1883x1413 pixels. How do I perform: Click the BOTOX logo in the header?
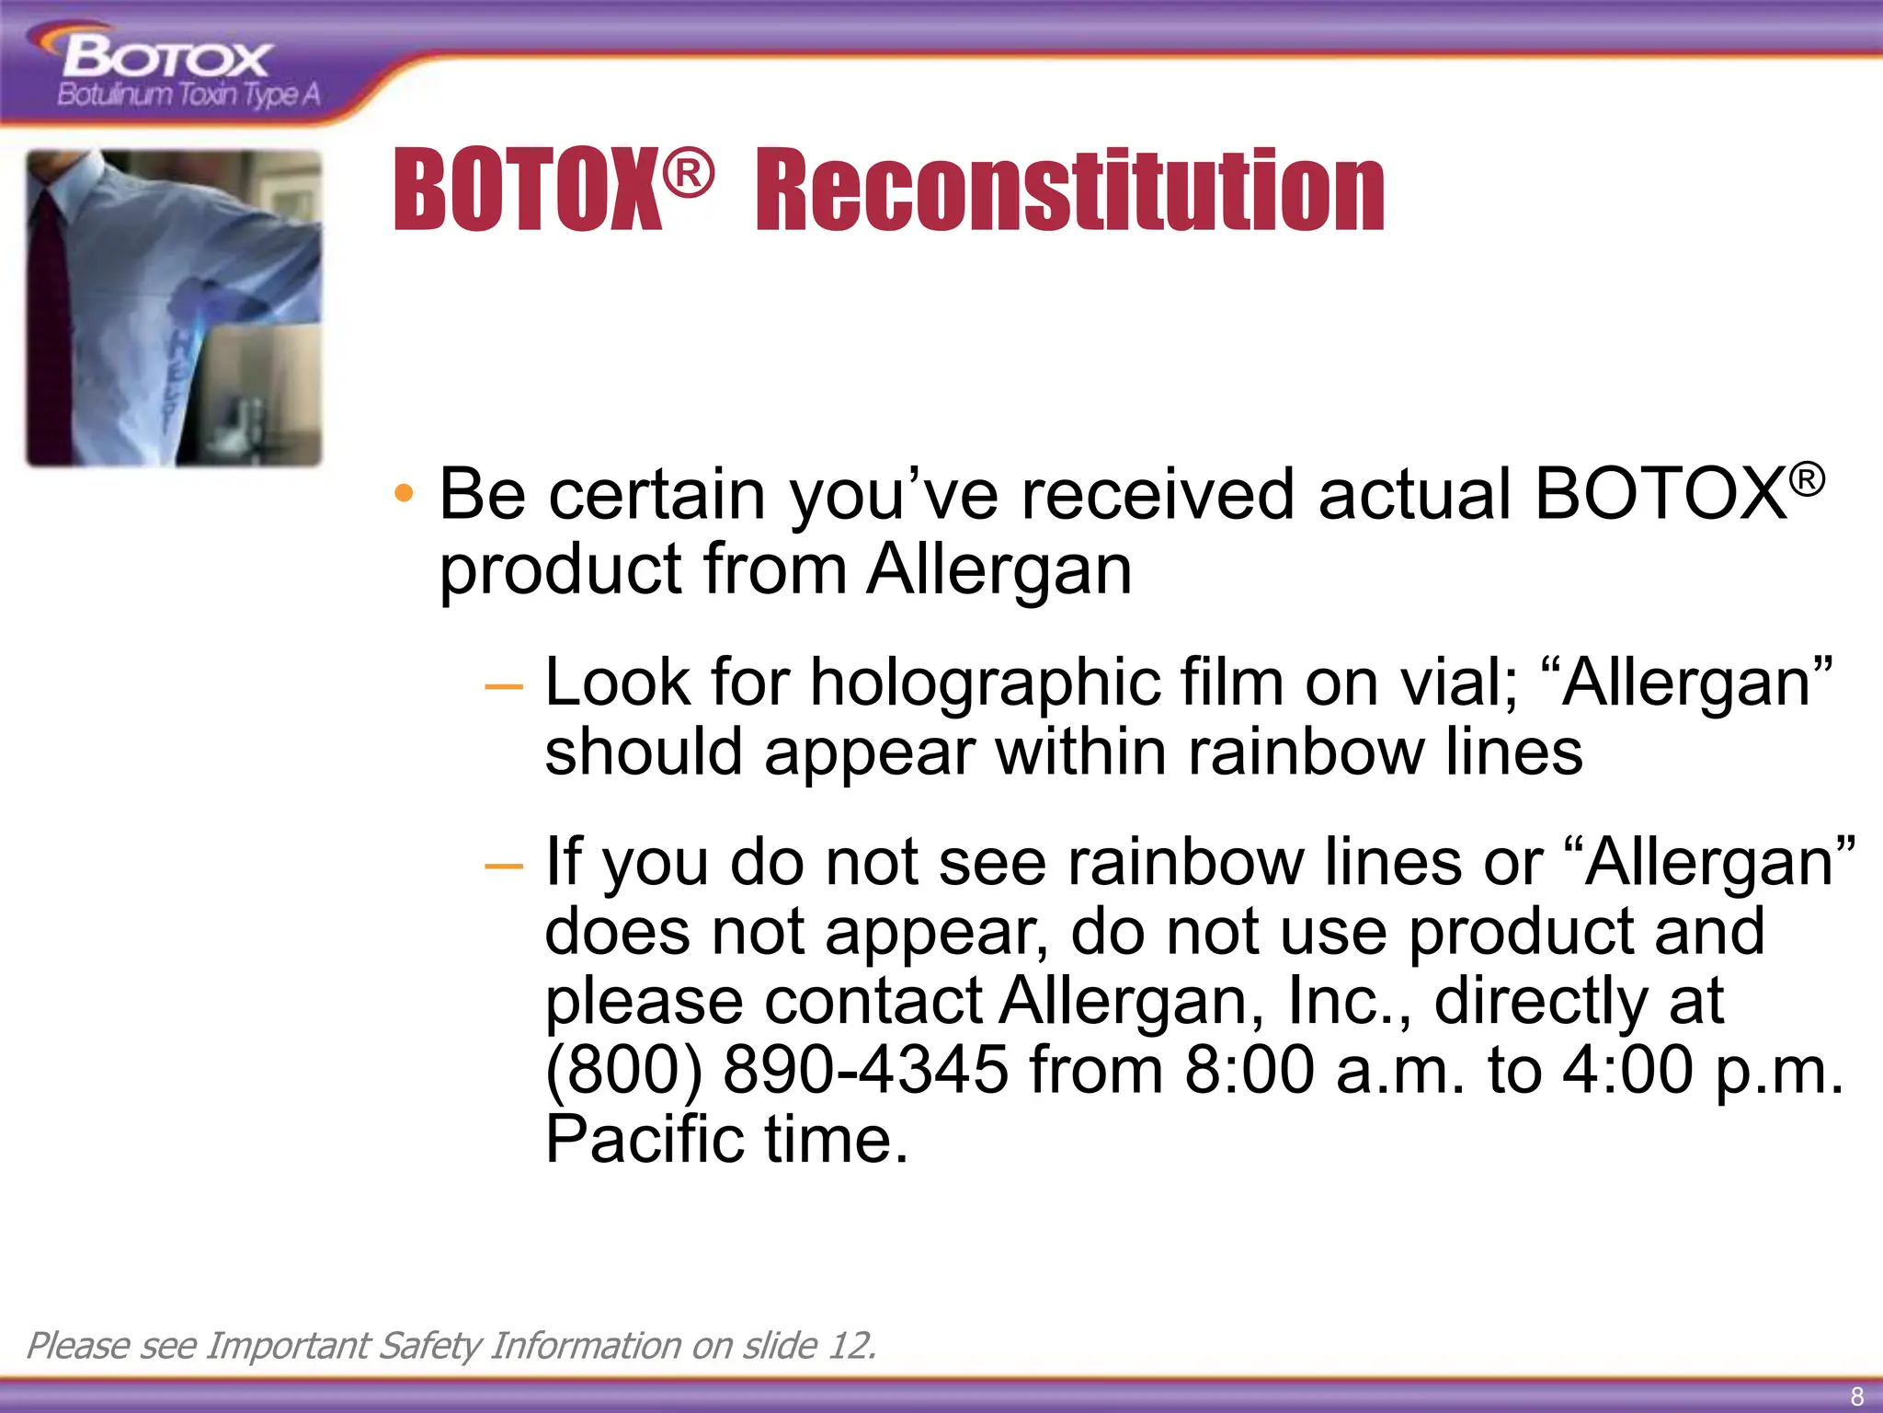click(165, 60)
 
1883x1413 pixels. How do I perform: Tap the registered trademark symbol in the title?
click(688, 174)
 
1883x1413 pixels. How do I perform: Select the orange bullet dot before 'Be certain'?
click(403, 494)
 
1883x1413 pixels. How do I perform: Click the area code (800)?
click(624, 1070)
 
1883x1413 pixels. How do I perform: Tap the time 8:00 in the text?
click(1250, 1070)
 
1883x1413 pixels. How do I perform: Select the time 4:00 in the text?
click(1627, 1070)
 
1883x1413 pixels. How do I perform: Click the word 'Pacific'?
click(645, 1140)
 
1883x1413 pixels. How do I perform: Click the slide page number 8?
click(1856, 1396)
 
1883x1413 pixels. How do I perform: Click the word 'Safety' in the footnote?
click(428, 1346)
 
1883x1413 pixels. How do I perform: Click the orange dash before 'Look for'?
click(503, 686)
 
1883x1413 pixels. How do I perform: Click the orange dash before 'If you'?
click(503, 866)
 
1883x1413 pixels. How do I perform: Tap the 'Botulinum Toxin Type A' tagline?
click(188, 94)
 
